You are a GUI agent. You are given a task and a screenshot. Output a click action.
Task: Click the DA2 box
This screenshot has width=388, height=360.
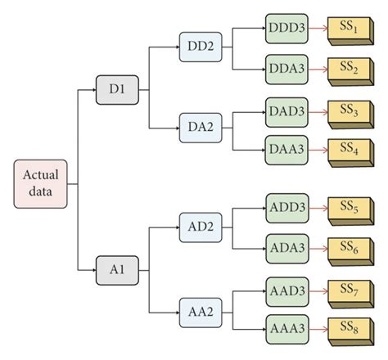201,128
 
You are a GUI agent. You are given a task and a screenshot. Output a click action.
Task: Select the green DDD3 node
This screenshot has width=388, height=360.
287,29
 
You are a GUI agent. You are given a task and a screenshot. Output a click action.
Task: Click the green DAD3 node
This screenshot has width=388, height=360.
287,109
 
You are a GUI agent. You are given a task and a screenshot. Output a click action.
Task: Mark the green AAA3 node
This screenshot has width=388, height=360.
287,330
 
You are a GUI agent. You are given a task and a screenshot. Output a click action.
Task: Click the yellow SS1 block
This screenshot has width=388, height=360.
350,27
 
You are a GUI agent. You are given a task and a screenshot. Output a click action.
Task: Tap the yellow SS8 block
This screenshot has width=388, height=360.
350,329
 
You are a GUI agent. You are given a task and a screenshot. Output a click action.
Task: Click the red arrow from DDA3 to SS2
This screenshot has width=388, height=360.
318,69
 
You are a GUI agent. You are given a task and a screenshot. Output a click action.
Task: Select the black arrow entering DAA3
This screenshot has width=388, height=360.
250,149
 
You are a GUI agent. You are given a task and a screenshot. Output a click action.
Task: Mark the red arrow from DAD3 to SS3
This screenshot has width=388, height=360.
318,109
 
